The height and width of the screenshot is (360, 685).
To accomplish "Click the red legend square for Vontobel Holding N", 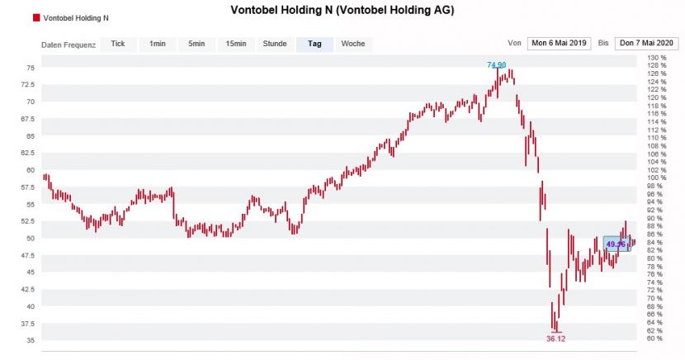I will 36,17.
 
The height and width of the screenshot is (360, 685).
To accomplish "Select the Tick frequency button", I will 118,44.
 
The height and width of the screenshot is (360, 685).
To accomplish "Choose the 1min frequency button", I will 157,44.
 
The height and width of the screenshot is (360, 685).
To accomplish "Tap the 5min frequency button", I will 196,44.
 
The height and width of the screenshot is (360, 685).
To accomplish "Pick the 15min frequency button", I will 235,44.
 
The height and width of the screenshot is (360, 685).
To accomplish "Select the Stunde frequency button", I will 275,44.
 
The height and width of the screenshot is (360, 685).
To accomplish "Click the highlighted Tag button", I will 314,44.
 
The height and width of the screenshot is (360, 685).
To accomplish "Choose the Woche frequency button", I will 353,44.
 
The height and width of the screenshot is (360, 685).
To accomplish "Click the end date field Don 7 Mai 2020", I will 646,44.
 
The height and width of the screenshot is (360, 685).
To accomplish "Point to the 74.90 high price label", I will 496,64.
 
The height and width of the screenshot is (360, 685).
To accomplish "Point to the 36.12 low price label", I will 556,339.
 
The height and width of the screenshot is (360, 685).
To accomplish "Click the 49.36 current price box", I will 617,244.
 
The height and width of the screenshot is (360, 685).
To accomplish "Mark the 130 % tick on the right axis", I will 658,57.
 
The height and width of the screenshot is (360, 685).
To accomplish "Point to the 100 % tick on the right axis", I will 658,178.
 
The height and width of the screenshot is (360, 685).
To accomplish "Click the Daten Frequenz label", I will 68,45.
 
